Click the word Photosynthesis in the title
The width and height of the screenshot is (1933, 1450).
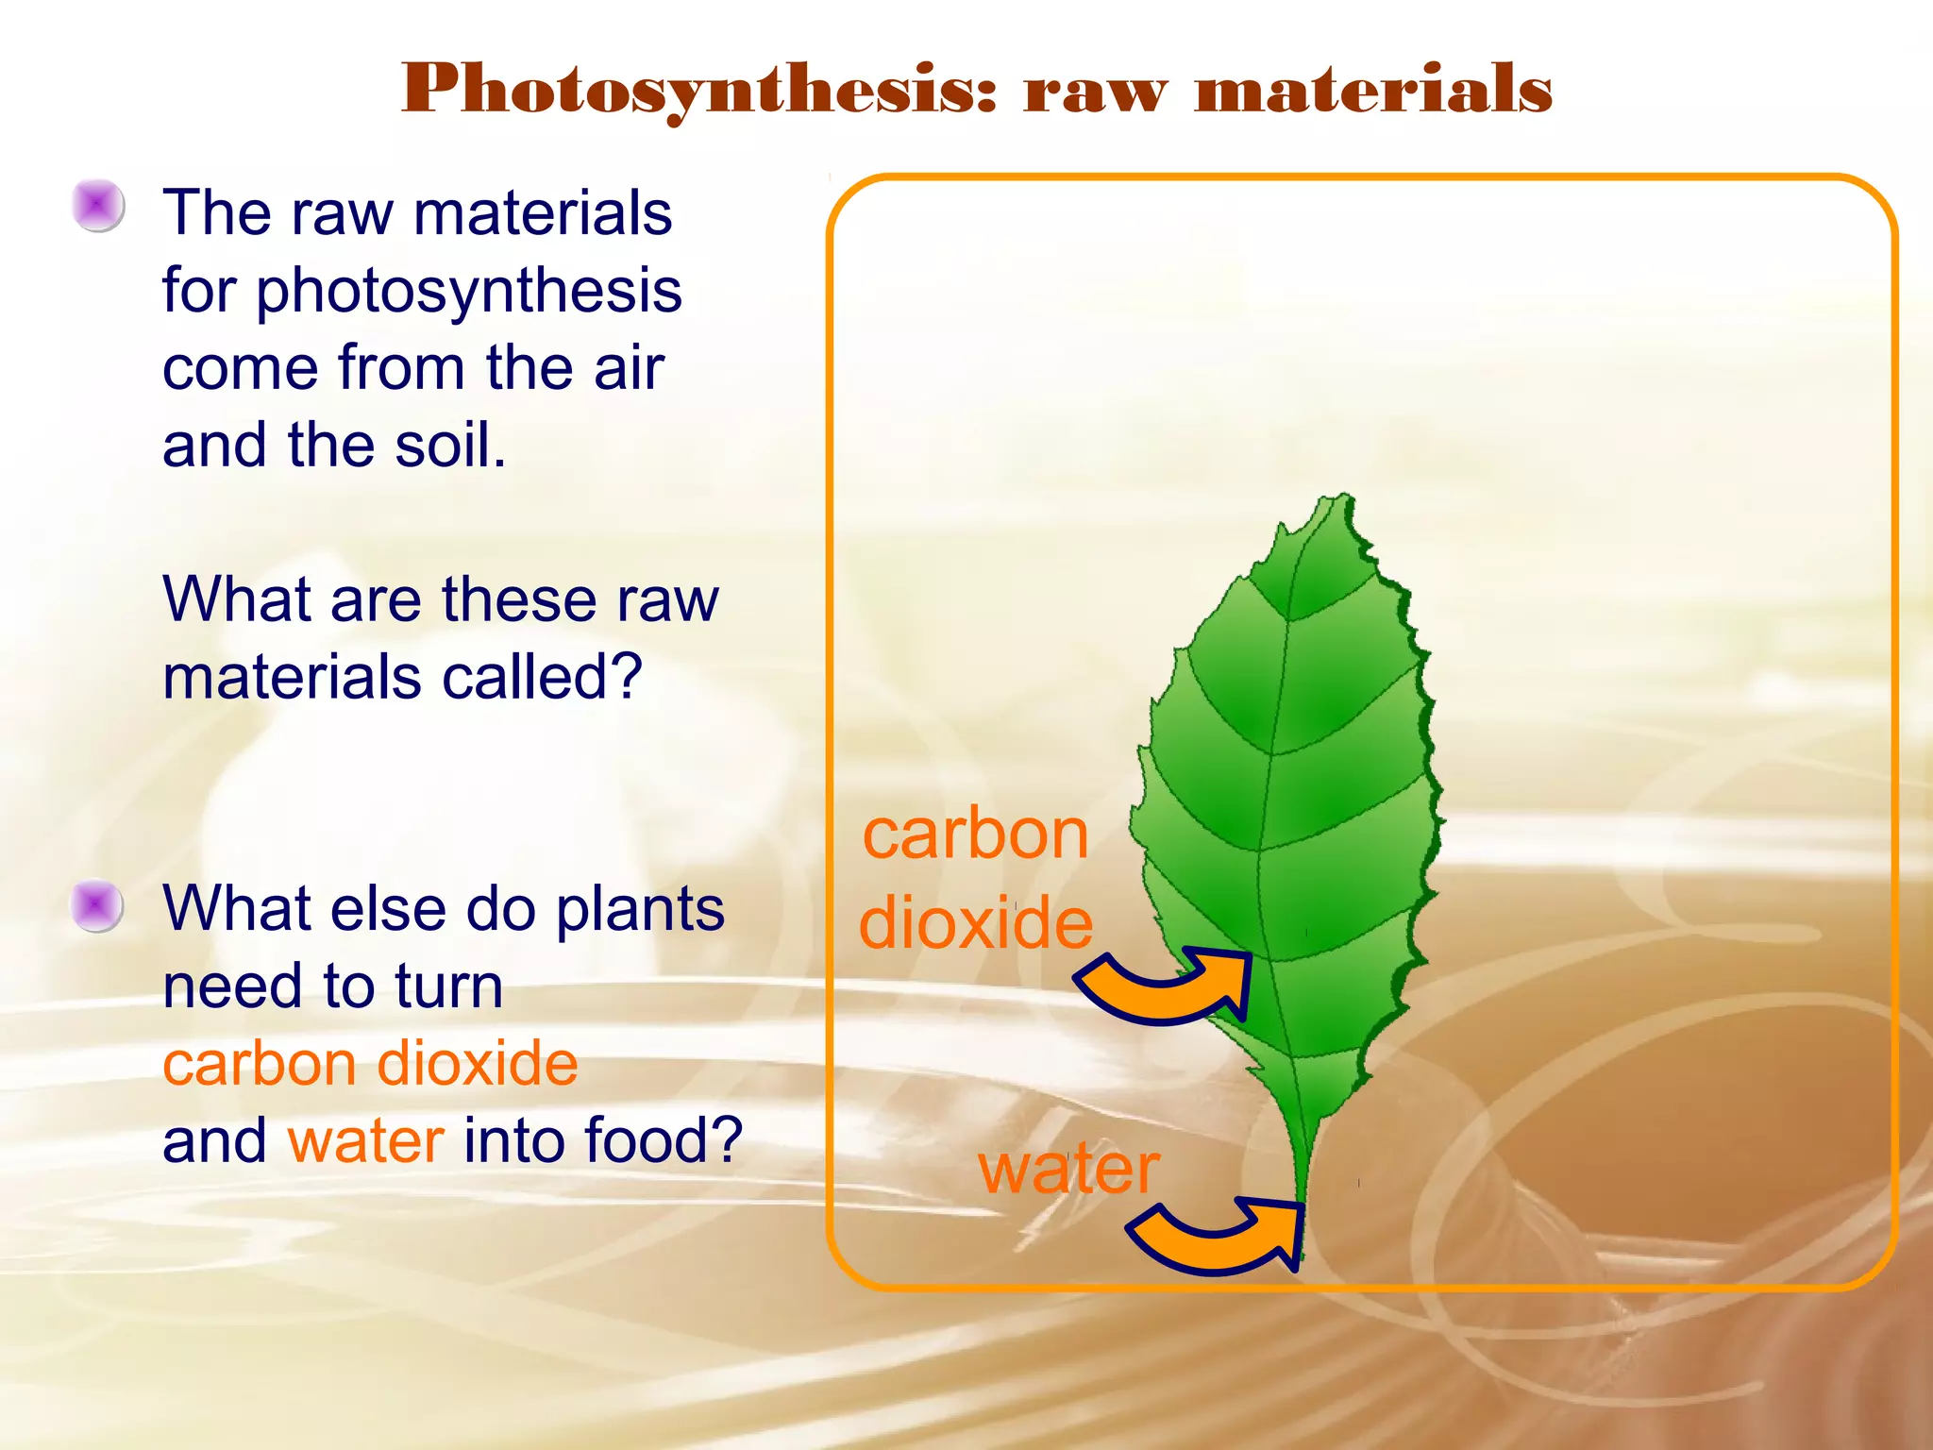coord(698,90)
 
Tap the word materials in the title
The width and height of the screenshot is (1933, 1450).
coord(1373,90)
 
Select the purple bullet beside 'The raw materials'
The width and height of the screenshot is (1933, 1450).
coord(98,205)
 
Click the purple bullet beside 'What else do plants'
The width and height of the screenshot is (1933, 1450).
coord(97,905)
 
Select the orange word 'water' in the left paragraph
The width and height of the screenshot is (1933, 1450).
coord(366,1140)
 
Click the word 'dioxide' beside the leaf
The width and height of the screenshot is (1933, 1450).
coord(976,922)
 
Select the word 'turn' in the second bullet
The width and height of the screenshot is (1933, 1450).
coord(449,986)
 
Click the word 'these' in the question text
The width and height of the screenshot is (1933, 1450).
coord(518,599)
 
